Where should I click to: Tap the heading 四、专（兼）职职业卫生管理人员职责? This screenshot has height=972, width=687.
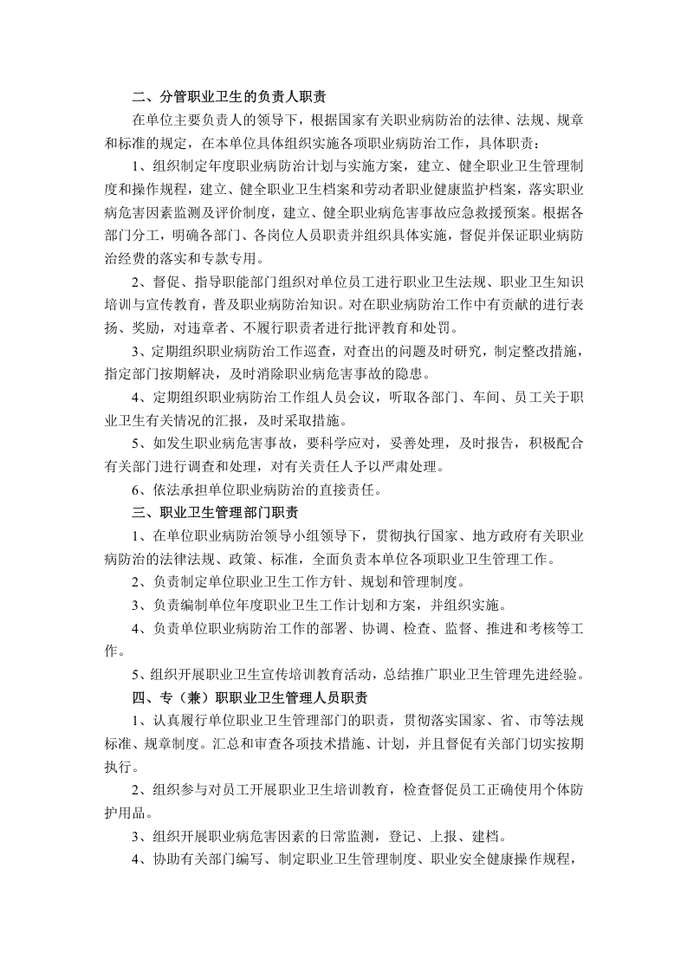point(251,697)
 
